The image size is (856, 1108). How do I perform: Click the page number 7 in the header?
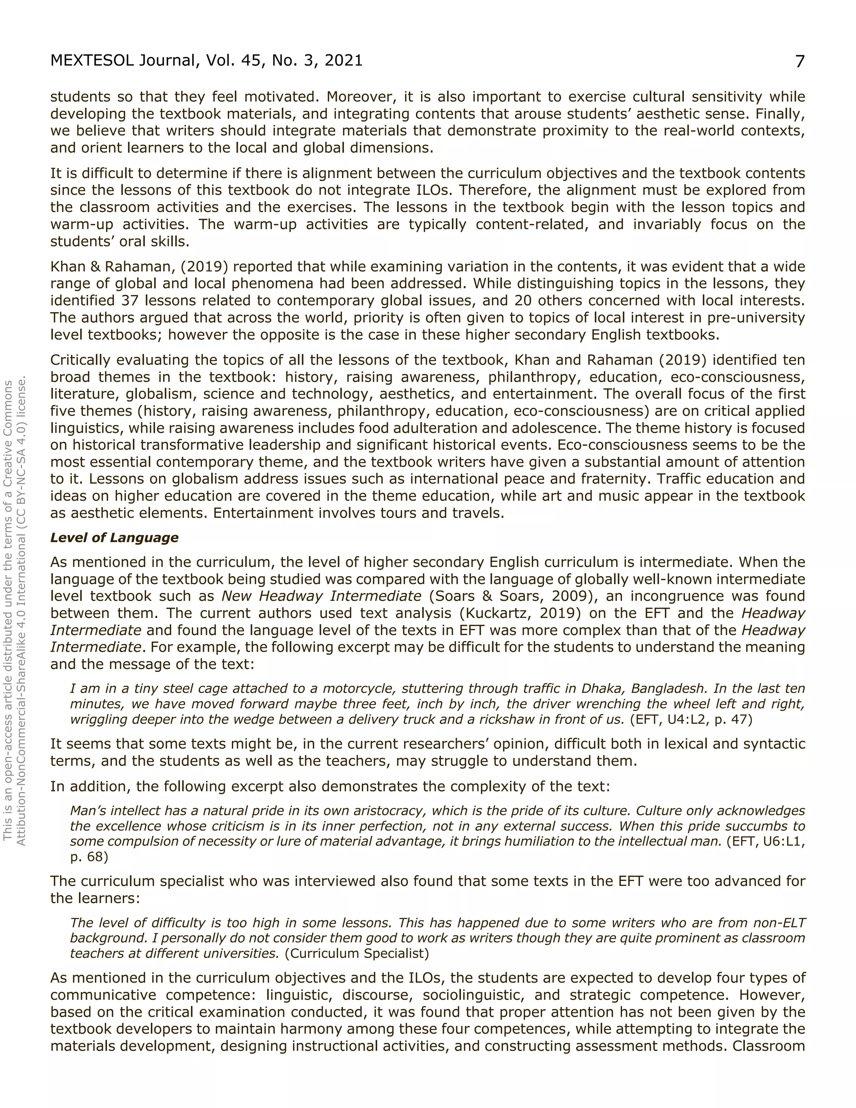799,61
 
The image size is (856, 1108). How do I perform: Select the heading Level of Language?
114,538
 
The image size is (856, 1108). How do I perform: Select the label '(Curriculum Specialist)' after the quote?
357,953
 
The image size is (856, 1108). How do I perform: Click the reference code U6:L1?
778,842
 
